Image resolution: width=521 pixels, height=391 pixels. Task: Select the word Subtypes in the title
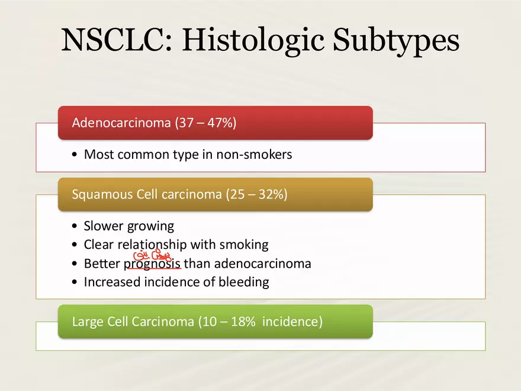click(x=395, y=40)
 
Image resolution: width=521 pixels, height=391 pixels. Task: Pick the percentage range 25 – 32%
click(x=256, y=194)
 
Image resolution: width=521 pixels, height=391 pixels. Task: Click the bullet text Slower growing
click(x=129, y=226)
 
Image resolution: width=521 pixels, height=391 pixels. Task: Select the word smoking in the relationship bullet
click(x=244, y=245)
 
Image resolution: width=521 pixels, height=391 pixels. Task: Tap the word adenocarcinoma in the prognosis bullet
click(x=262, y=264)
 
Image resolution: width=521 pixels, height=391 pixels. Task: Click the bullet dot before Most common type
click(x=73, y=155)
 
